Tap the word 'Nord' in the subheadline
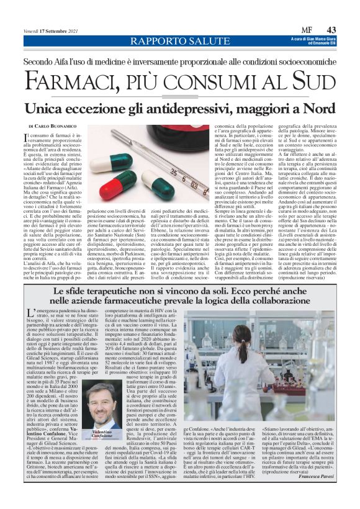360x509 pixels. tap(304, 108)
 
